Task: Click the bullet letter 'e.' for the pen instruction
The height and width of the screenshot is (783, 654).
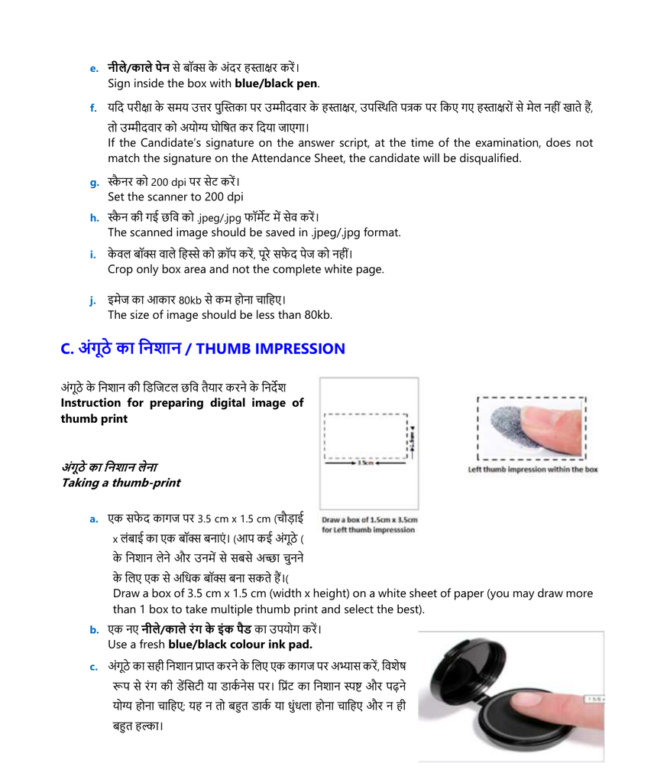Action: (94, 69)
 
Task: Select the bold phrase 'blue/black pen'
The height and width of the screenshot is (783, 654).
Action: (276, 84)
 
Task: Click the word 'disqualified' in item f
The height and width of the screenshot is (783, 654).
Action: (490, 158)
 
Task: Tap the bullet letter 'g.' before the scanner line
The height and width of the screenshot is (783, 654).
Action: (94, 183)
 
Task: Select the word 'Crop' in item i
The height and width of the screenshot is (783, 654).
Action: (119, 270)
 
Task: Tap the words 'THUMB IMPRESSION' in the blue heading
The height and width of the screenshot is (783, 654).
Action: (270, 349)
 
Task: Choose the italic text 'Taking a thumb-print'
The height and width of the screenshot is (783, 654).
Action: (121, 483)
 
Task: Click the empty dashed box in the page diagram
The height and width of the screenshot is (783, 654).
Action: (366, 437)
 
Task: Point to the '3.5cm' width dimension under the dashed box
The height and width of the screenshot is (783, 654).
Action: (366, 463)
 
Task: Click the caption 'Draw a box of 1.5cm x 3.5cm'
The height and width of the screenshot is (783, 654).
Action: (370, 520)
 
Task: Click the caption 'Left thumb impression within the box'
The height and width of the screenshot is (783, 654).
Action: (533, 469)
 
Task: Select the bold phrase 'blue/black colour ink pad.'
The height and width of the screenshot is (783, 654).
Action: (240, 645)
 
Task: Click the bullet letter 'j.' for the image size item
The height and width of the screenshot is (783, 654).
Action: (92, 301)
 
